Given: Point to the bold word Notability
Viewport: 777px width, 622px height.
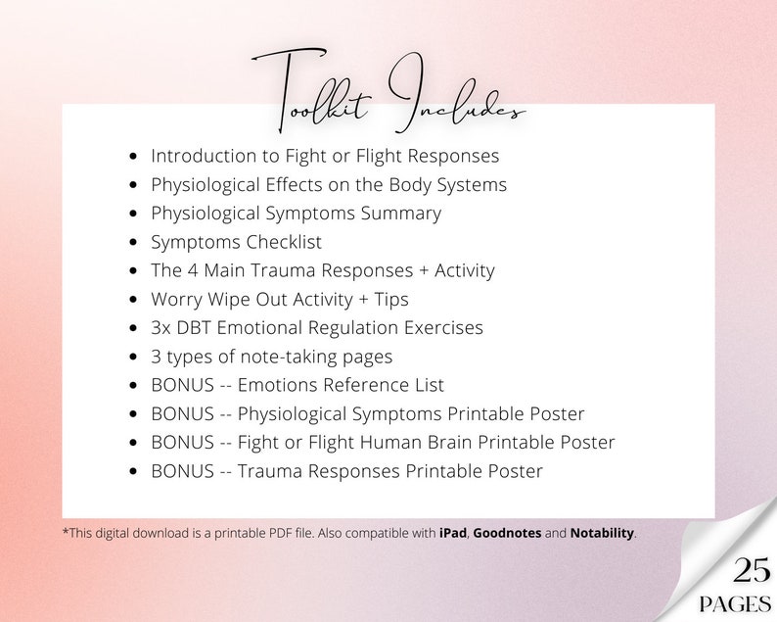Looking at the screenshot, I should coord(602,534).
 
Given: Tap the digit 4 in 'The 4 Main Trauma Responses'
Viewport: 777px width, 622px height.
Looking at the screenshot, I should coord(192,270).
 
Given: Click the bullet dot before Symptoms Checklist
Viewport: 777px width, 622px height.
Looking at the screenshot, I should coord(134,243).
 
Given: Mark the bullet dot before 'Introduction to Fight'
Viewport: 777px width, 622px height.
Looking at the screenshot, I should coord(134,157).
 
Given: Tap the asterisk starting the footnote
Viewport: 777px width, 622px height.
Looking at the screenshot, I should coord(65,532).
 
